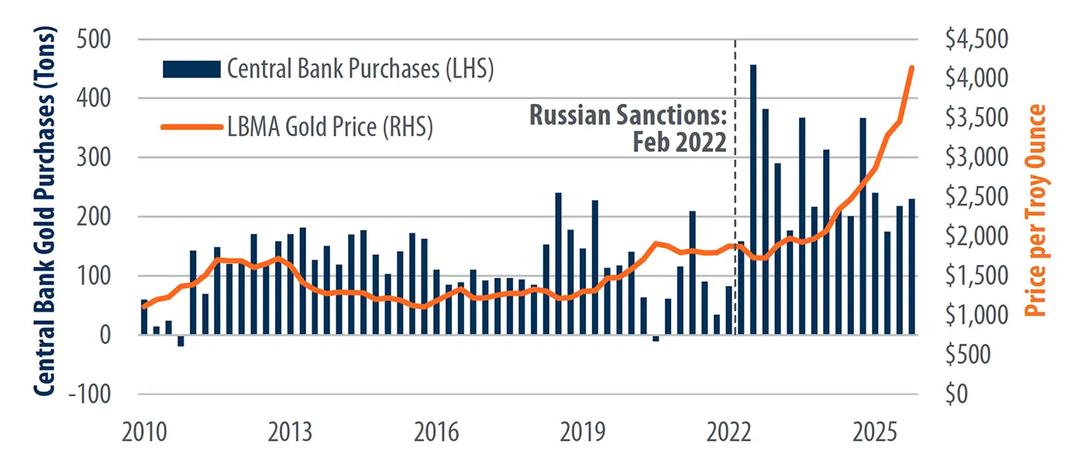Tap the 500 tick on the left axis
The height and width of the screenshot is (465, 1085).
click(x=98, y=40)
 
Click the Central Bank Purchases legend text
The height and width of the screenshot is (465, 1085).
click(x=360, y=69)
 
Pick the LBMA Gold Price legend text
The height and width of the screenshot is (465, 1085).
click(x=329, y=126)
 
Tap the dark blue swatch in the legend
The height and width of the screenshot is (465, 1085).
click(x=191, y=69)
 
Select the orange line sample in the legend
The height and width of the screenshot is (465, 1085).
click(x=191, y=126)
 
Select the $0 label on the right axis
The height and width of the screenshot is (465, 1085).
click(x=955, y=394)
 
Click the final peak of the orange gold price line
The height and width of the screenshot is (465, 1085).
click(x=911, y=67)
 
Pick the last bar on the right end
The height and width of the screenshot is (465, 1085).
click(x=911, y=267)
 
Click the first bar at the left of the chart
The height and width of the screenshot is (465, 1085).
click(x=144, y=317)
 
